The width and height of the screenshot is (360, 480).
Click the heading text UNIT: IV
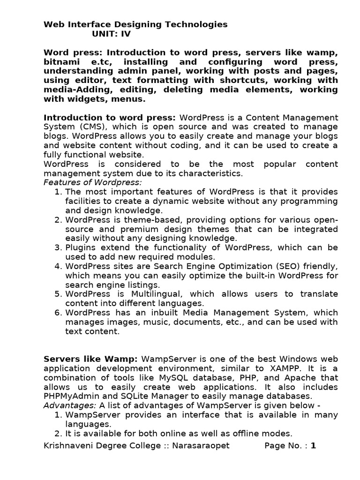coord(111,34)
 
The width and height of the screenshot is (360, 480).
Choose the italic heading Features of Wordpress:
coord(92,182)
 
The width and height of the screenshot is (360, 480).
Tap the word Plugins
coord(81,247)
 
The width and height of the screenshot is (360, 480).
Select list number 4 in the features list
coord(58,266)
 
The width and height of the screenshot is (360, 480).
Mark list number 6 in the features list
coord(58,313)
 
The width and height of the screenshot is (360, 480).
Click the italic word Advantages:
coord(64,405)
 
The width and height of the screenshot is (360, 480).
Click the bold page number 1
coord(313,446)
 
